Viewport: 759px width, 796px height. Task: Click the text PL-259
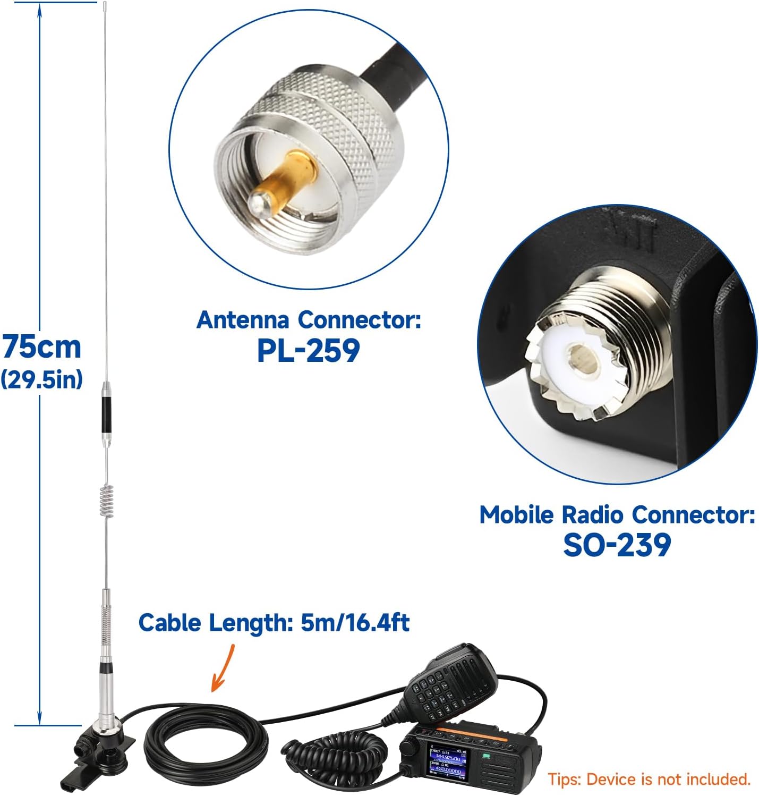(308, 351)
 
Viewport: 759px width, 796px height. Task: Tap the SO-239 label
(617, 546)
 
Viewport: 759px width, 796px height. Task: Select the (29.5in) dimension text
(42, 380)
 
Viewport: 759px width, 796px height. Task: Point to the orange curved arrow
(223, 668)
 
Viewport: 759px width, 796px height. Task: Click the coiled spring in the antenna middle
(107, 502)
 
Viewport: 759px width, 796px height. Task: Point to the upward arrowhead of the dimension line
(40, 11)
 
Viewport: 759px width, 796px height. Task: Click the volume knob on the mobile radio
(408, 747)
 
